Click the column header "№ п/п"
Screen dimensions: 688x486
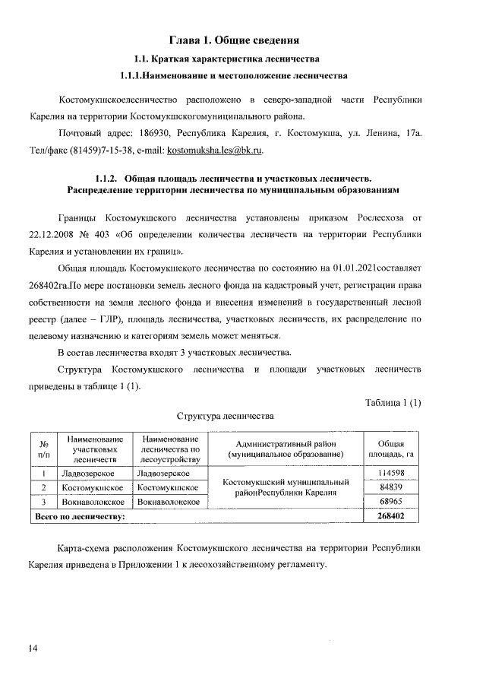tap(44, 449)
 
